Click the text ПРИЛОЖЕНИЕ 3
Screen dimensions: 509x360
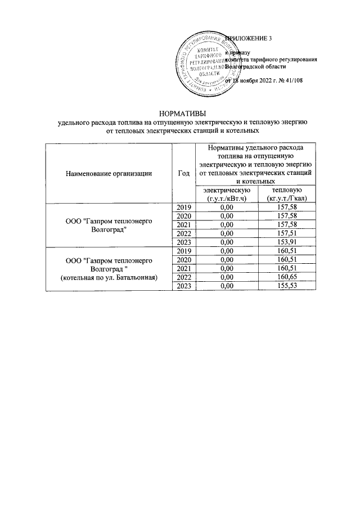click(x=249, y=38)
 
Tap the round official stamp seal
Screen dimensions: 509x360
click(x=202, y=61)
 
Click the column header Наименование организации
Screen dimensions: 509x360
click(x=109, y=173)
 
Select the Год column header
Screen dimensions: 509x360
click(x=182, y=173)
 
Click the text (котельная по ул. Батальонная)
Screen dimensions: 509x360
click(x=109, y=278)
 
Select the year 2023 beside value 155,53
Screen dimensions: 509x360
click(x=184, y=286)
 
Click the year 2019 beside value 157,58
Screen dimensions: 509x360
click(x=184, y=208)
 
